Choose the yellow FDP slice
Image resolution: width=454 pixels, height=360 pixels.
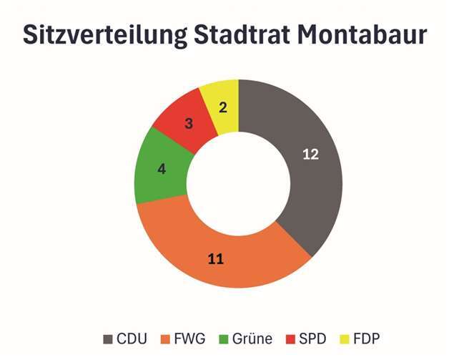coord(222,100)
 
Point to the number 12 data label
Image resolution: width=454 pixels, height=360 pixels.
coord(310,155)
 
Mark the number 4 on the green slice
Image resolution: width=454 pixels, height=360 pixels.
coord(162,170)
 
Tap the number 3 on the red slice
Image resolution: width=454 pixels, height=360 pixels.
coord(189,123)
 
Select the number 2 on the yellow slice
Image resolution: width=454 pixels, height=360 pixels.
coord(222,108)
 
